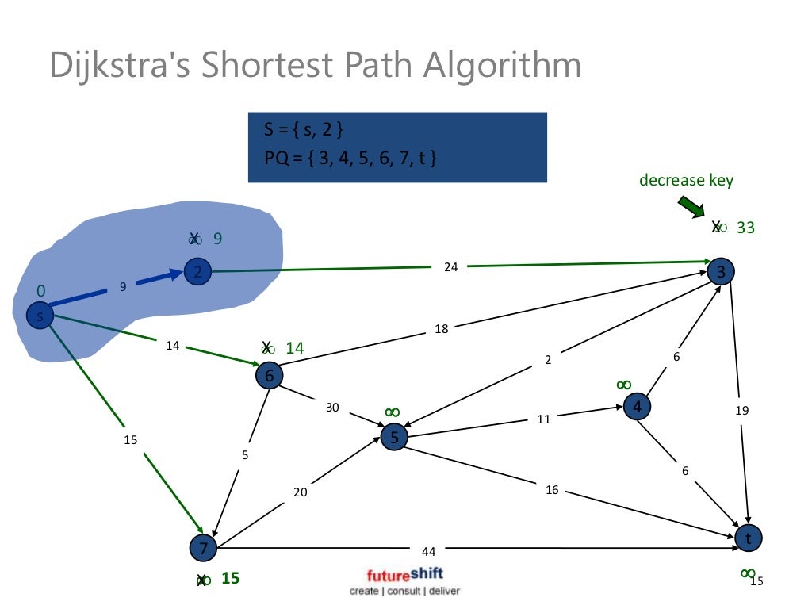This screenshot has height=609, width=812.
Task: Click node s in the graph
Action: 39,316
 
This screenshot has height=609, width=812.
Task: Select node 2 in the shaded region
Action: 197,272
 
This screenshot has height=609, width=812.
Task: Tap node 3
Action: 721,272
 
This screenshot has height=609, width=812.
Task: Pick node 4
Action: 637,408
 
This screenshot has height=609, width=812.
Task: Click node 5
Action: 394,437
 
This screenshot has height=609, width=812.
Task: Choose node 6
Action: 269,376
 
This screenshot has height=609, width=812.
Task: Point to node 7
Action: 203,548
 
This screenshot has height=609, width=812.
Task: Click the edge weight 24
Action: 450,267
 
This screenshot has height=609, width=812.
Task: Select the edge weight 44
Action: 429,550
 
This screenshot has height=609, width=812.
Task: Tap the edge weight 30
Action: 332,408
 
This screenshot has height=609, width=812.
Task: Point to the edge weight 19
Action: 741,410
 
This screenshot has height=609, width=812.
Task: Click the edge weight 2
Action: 547,360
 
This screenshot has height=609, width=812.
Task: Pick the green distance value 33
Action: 745,228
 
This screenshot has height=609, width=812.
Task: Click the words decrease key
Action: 686,180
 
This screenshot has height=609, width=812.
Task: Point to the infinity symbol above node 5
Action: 392,412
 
